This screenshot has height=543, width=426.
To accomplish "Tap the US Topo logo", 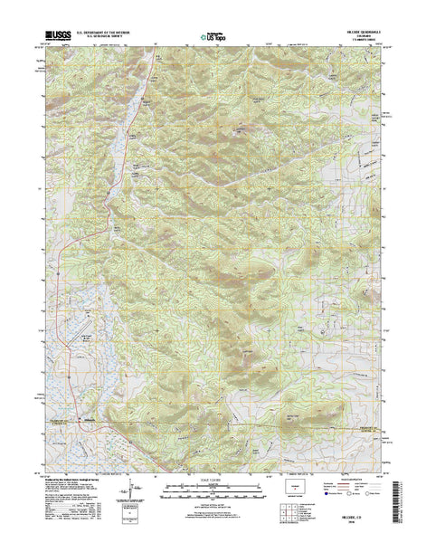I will coord(213,39).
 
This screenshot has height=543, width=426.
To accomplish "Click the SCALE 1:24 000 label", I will coord(209,481).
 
